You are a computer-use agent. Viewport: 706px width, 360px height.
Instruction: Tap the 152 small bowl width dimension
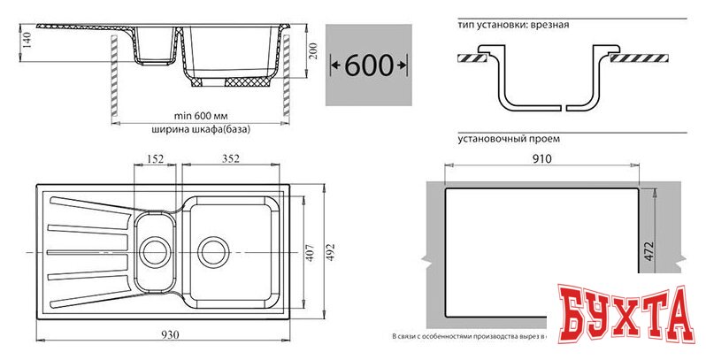(x=155, y=159)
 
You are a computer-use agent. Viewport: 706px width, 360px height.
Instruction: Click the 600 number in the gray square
(x=368, y=65)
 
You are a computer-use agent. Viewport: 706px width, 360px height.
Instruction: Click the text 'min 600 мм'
(x=201, y=115)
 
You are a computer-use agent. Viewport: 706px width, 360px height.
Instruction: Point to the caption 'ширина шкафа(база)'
(x=201, y=129)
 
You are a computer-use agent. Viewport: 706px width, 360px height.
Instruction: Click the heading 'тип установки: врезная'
(x=513, y=25)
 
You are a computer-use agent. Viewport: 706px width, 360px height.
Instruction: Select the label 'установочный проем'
(x=509, y=139)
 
